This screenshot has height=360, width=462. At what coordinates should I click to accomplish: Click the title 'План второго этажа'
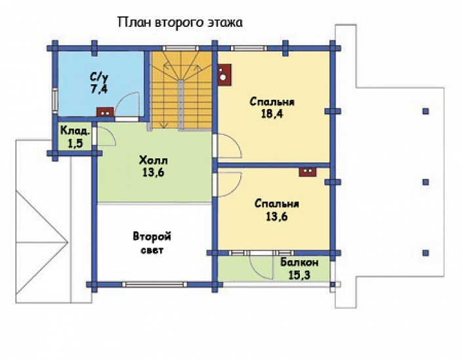(180, 22)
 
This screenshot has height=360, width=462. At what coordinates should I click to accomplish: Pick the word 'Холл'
(154, 161)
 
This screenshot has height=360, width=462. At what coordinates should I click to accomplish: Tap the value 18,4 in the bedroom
(272, 114)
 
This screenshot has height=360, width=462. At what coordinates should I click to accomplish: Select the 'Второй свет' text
(152, 242)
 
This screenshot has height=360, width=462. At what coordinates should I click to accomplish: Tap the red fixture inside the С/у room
(103, 112)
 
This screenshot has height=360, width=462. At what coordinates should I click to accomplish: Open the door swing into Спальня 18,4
(228, 146)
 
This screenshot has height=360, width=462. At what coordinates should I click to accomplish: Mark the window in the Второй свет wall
(154, 284)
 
